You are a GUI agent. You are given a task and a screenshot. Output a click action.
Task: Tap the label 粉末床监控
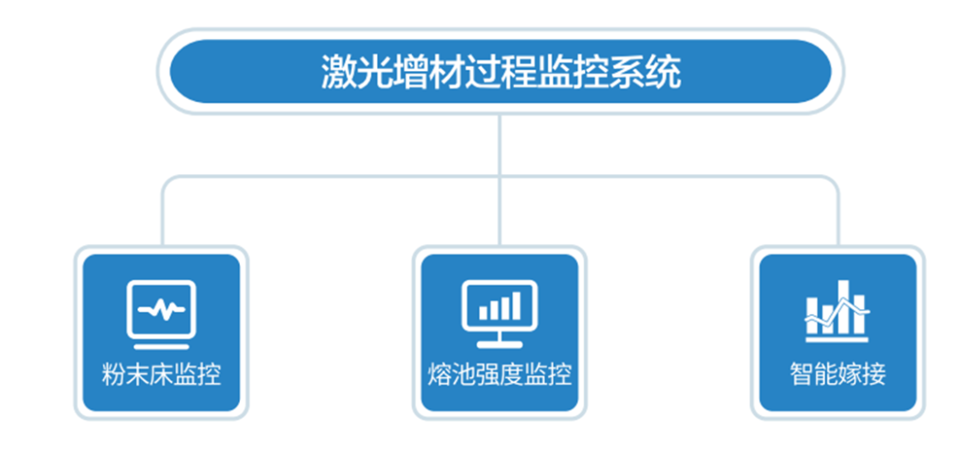[161, 374]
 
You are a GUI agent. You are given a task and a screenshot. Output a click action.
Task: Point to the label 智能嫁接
[837, 374]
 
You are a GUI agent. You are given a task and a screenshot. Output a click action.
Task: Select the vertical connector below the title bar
[500, 142]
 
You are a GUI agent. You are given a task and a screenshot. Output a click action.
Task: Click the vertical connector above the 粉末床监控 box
[163, 218]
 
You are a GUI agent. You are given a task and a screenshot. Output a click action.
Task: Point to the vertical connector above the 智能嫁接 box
[837, 218]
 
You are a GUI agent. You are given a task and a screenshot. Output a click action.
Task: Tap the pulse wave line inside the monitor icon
[161, 310]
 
